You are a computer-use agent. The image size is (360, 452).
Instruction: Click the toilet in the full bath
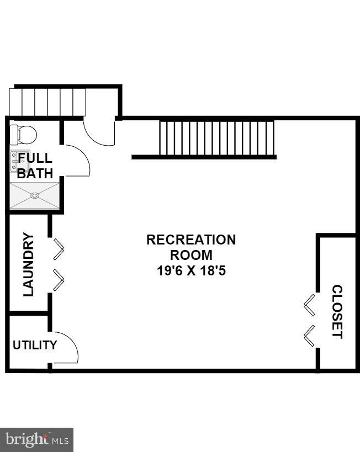coord(24,134)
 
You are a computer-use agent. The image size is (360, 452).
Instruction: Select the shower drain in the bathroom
coord(35,195)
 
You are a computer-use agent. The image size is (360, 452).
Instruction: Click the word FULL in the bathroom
coord(35,158)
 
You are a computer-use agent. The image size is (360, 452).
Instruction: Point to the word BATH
coord(35,173)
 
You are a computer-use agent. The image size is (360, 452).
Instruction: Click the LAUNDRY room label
coord(29,265)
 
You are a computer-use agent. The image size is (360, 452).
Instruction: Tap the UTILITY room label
coord(35,345)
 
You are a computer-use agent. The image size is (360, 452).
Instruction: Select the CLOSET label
coord(337,312)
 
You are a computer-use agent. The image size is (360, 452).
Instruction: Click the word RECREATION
coord(190,240)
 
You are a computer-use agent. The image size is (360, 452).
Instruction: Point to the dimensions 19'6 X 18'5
coord(190,271)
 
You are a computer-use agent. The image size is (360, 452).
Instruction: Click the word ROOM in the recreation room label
coord(190,256)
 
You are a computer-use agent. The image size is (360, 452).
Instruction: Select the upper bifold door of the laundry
coord(59,249)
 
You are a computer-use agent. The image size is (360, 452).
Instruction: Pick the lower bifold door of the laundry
coord(59,280)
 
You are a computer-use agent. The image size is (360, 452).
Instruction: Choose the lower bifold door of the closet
coord(310,336)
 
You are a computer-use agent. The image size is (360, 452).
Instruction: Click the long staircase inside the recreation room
coord(216,138)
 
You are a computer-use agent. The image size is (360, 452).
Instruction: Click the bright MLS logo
coord(36,440)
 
